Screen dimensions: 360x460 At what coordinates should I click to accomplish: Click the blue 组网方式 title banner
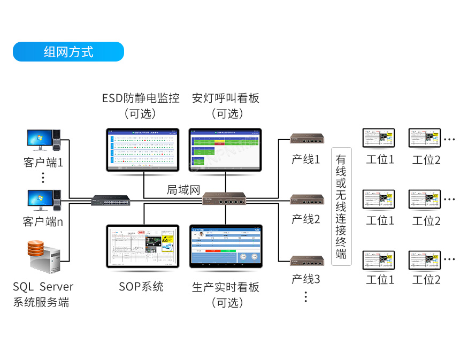click(x=68, y=52)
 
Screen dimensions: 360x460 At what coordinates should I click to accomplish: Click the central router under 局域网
click(x=225, y=200)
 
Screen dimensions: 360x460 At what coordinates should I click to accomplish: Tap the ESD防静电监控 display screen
click(x=143, y=150)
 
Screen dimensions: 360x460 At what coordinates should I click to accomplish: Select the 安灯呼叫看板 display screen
click(x=225, y=150)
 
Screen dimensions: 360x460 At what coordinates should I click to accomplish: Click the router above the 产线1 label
click(x=308, y=140)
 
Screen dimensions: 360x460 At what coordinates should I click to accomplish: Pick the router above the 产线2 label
click(x=308, y=200)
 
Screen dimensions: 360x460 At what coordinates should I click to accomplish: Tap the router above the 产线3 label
click(x=308, y=261)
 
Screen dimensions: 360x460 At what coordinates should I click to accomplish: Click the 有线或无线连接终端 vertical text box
click(x=341, y=206)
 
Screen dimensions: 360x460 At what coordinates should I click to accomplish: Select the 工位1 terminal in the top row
click(x=379, y=139)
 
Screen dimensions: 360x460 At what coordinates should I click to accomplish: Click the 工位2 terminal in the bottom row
click(x=425, y=260)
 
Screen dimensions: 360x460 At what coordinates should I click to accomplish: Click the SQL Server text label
click(x=43, y=287)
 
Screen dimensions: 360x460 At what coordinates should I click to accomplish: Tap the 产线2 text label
click(x=305, y=219)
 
